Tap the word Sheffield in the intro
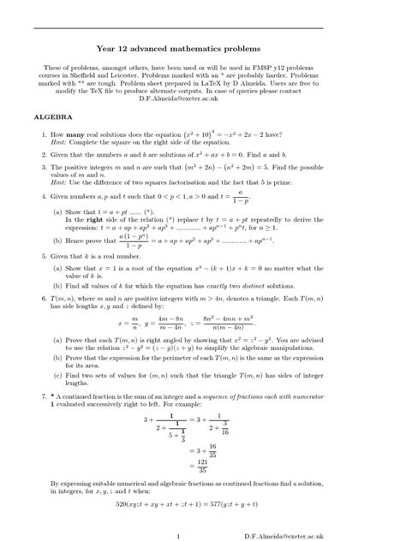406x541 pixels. pos(131,75)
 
